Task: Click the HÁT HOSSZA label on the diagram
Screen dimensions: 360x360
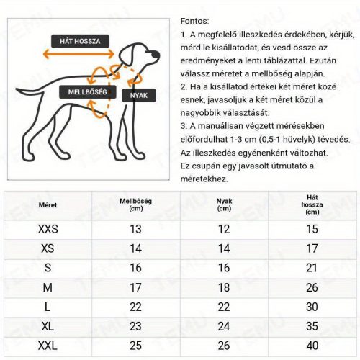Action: click(x=79, y=40)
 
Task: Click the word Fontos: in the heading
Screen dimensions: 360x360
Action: click(x=194, y=22)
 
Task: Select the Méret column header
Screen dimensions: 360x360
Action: click(x=48, y=205)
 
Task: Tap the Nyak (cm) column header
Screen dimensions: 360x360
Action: click(x=224, y=205)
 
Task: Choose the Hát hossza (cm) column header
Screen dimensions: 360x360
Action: click(x=312, y=204)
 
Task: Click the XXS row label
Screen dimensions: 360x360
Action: click(x=48, y=229)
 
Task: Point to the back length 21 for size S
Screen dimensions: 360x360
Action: click(x=312, y=267)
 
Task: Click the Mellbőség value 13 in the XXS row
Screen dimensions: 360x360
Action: click(x=135, y=229)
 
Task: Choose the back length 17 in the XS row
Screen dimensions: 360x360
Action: click(x=312, y=248)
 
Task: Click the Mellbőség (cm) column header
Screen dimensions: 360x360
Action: click(x=135, y=205)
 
